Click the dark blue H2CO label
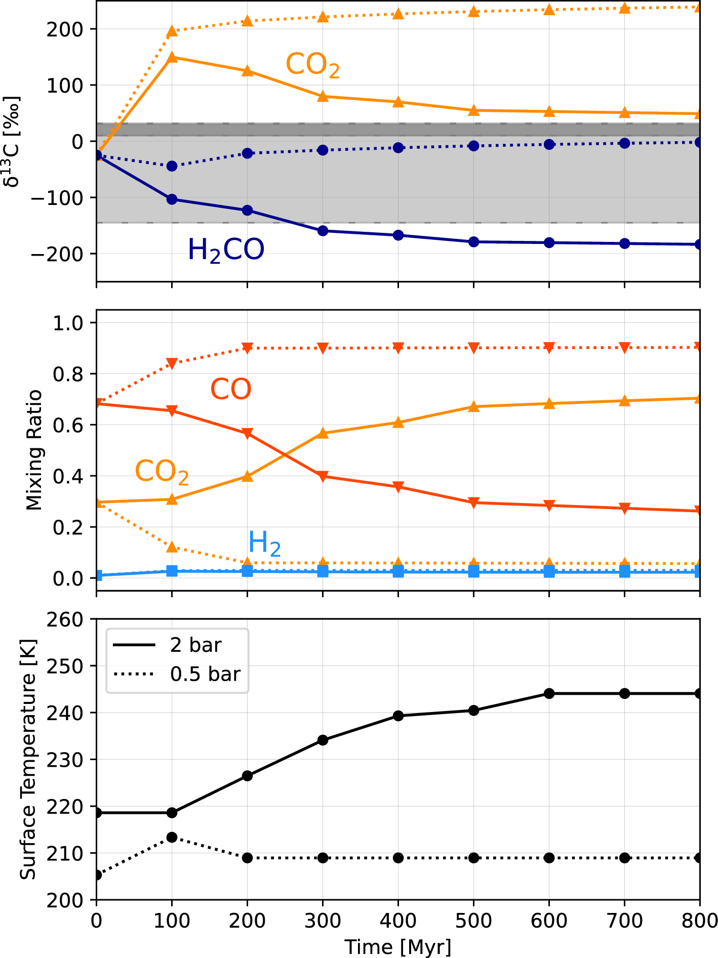tap(226, 250)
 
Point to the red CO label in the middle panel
tap(231, 389)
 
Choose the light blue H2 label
tap(264, 544)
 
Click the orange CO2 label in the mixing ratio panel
tap(162, 472)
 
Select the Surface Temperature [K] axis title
tap(28, 760)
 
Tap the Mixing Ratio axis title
tap(34, 450)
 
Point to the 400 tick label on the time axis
tap(398, 921)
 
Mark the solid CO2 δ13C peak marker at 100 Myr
tap(172, 57)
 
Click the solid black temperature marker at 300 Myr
tap(323, 740)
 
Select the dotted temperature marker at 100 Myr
tap(172, 838)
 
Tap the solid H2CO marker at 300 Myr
tap(323, 231)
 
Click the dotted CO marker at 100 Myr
tap(172, 363)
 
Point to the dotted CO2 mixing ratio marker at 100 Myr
tap(172, 547)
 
